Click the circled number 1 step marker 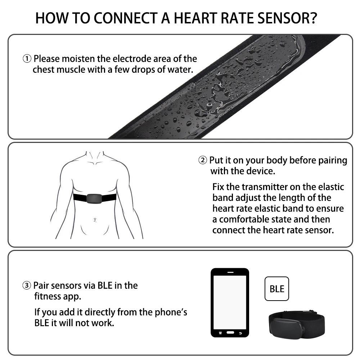27,59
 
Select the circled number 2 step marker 203,160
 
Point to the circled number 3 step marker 27,286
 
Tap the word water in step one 180,69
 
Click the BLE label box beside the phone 276,289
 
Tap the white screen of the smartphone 229,302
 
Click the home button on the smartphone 230,333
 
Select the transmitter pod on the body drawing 95,198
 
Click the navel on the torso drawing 95,219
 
